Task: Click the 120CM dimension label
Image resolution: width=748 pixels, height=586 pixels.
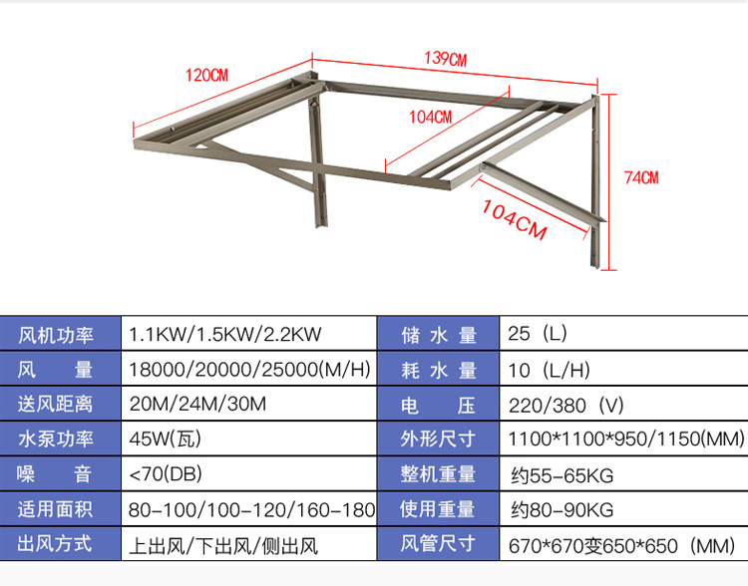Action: click(x=206, y=75)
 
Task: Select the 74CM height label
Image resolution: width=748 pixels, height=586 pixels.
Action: click(x=641, y=177)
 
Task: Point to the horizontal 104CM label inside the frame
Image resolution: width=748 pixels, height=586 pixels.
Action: click(x=430, y=116)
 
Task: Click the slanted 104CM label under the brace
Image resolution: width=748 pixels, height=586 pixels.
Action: click(x=515, y=218)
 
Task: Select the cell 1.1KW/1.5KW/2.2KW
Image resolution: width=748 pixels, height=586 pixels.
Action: click(x=225, y=335)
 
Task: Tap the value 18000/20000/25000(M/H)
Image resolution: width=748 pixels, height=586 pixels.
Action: click(x=249, y=370)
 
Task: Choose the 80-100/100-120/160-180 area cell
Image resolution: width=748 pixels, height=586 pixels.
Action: click(x=251, y=509)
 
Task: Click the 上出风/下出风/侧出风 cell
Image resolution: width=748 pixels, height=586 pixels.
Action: click(x=223, y=544)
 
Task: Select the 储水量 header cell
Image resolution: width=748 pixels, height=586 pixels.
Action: click(x=438, y=335)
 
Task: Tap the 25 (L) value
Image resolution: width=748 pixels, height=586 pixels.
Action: click(x=538, y=335)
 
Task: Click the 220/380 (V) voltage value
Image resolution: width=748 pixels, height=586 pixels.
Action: click(x=565, y=405)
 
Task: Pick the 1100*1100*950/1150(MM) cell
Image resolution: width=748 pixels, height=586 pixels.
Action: click(x=626, y=439)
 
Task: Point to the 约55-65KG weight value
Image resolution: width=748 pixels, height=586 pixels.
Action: click(x=562, y=474)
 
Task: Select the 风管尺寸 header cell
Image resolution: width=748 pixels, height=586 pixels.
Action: click(x=438, y=544)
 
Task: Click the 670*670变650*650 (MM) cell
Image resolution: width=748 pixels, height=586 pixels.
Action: click(x=621, y=544)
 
